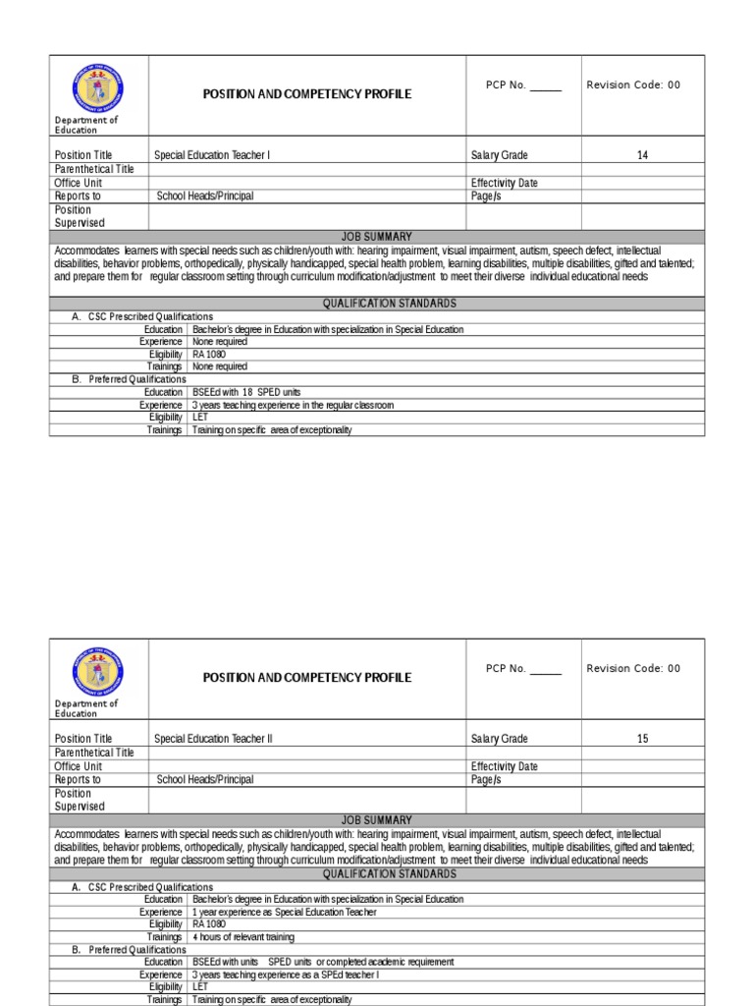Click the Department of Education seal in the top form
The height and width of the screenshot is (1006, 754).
click(x=98, y=85)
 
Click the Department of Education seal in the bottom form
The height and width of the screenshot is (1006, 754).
click(x=98, y=669)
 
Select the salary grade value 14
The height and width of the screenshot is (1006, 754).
click(x=642, y=155)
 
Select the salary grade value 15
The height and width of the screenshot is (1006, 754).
click(x=642, y=739)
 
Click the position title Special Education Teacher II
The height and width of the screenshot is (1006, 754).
click(x=213, y=739)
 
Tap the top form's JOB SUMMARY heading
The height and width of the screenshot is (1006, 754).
click(x=377, y=237)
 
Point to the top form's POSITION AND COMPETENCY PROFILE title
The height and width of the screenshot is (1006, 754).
click(x=306, y=94)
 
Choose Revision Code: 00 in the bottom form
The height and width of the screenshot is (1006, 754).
click(x=633, y=668)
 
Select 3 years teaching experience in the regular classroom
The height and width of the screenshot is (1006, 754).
click(x=293, y=405)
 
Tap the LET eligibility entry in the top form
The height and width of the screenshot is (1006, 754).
click(x=200, y=417)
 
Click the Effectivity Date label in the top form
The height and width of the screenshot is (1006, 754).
click(x=504, y=183)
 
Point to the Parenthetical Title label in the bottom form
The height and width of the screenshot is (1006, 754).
click(x=94, y=753)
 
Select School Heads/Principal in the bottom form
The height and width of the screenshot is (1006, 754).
click(x=205, y=779)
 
